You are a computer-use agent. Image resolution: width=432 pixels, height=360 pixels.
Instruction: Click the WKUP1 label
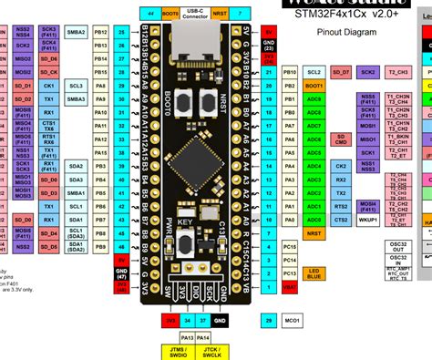point(366,220)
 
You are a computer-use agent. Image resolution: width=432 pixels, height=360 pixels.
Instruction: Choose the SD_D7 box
point(340,70)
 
